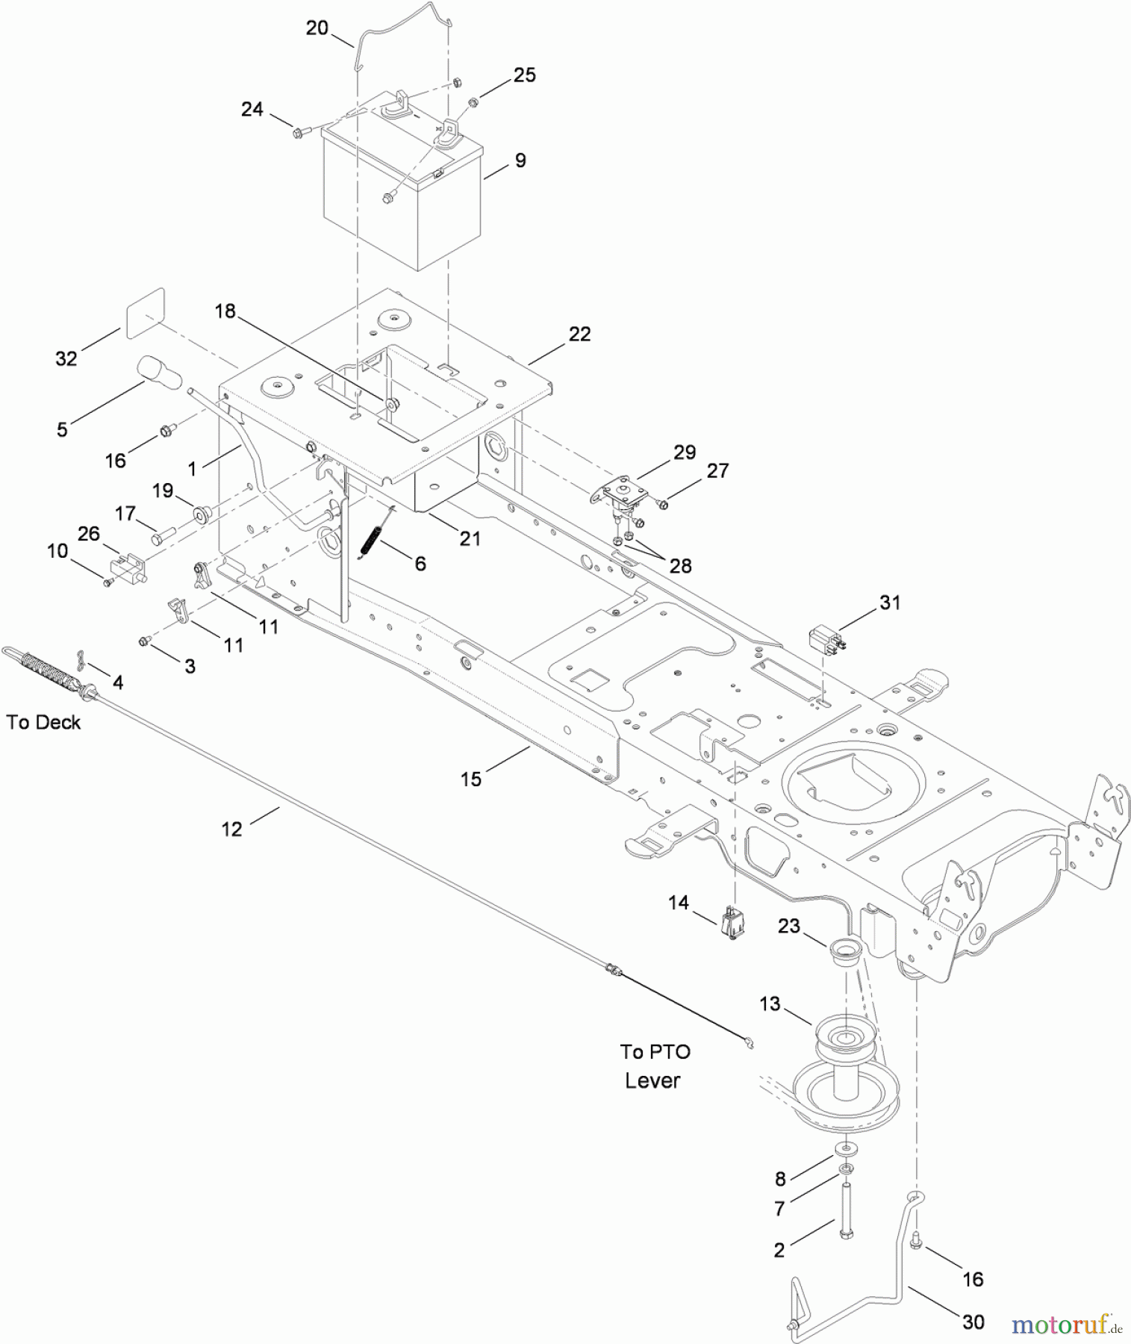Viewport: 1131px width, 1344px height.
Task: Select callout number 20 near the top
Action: click(317, 28)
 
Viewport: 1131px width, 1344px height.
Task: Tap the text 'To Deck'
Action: click(43, 722)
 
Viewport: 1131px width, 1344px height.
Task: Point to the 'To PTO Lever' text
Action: click(654, 1066)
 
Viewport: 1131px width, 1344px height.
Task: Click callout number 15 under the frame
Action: click(471, 780)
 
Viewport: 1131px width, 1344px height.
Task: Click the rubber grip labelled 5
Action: click(158, 372)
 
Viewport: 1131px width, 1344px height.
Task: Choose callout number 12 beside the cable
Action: click(231, 829)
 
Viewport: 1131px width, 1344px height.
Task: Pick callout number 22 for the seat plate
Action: click(579, 334)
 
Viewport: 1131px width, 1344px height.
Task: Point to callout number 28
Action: click(680, 565)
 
